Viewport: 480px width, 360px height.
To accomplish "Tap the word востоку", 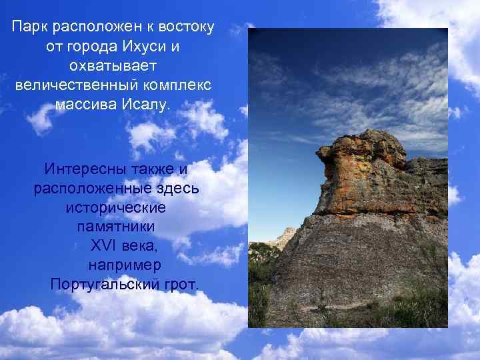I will pos(182,28).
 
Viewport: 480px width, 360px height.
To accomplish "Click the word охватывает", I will pos(113,67).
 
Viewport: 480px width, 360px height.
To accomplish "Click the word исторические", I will pos(116,207).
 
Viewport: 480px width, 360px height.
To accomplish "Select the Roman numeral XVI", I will pos(103,246).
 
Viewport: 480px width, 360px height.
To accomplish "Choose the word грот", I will pos(180,285).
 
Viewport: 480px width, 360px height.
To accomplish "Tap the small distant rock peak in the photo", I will pos(287,233).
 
